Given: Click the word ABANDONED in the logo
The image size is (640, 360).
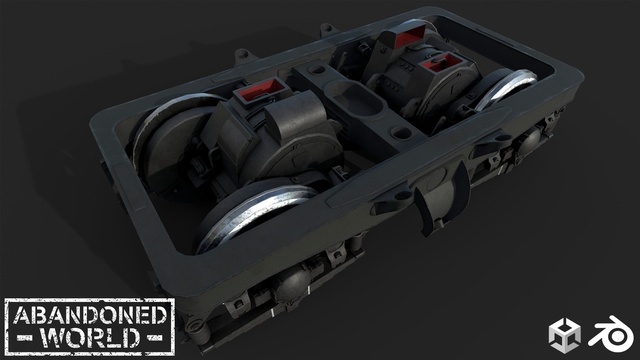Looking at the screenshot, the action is tap(90, 316).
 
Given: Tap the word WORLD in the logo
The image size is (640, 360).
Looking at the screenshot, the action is tap(90, 338).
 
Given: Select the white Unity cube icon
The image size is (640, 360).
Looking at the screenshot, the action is tap(564, 336).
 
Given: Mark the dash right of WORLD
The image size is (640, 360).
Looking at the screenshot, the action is tap(155, 338).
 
